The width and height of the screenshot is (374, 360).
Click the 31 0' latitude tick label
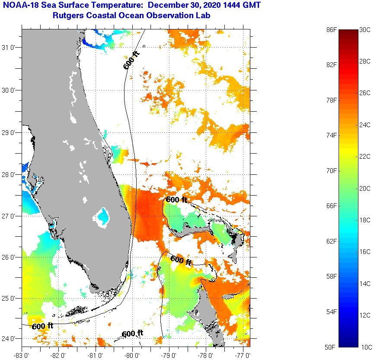pos(10,48)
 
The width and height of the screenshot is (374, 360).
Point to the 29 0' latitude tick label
pos(10,132)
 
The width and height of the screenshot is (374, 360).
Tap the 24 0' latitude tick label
pos(10,338)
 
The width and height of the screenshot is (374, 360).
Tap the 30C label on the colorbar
pos(365,30)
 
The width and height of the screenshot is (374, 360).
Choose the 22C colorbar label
pos(365,157)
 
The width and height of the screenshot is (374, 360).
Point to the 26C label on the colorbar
pos(365,93)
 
